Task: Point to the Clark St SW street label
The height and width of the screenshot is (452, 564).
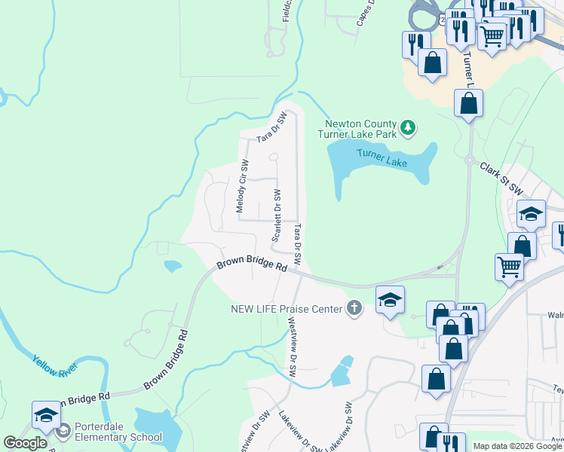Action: [501, 179]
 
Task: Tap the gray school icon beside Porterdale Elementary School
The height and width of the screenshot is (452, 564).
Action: [63, 431]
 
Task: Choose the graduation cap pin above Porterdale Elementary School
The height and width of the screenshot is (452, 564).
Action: [46, 415]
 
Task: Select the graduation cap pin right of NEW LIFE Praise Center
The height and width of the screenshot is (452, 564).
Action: [390, 300]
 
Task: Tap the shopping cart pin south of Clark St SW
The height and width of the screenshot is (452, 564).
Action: [510, 265]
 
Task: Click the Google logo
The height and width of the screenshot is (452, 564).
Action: [25, 444]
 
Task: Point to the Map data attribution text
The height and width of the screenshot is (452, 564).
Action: [518, 446]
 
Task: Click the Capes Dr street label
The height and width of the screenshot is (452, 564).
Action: [364, 13]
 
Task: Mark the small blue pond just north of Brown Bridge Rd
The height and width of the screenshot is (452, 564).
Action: [173, 266]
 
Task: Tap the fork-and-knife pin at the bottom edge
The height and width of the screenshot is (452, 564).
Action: [451, 442]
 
